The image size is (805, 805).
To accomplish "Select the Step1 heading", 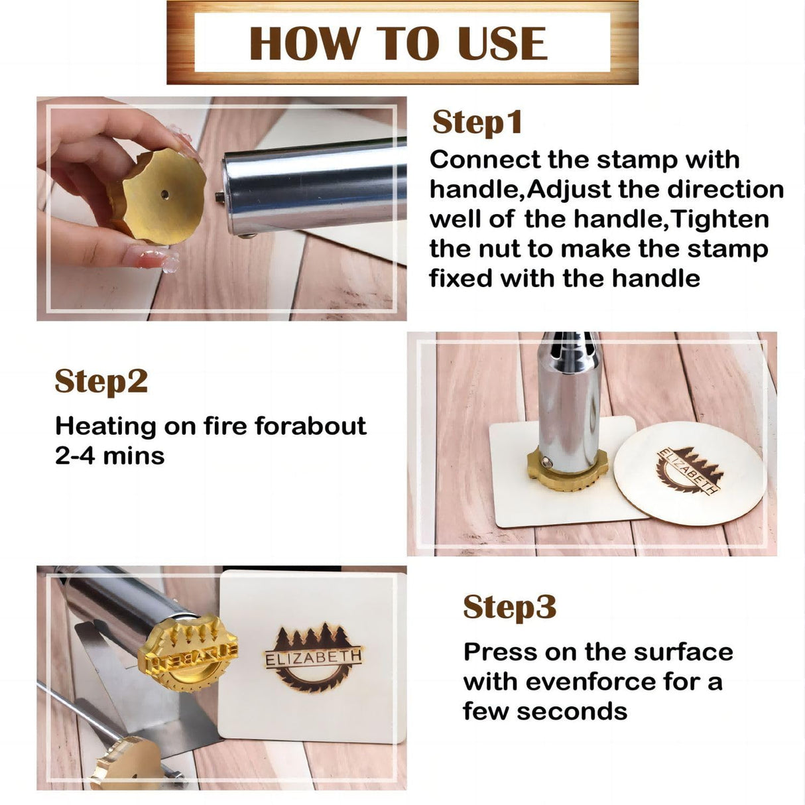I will pyautogui.click(x=477, y=123).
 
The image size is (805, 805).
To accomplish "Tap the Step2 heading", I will pyautogui.click(x=101, y=381).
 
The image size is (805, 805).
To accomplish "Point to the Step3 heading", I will pyautogui.click(x=509, y=607).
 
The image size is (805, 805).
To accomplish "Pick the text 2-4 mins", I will pyautogui.click(x=109, y=456).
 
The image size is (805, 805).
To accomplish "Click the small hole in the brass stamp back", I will pyautogui.click(x=164, y=195).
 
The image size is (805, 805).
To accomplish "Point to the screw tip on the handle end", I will pyautogui.click(x=218, y=195).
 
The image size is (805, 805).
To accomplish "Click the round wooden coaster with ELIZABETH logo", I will pyautogui.click(x=690, y=473).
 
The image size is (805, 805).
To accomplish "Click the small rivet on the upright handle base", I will pyautogui.click(x=544, y=460).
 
